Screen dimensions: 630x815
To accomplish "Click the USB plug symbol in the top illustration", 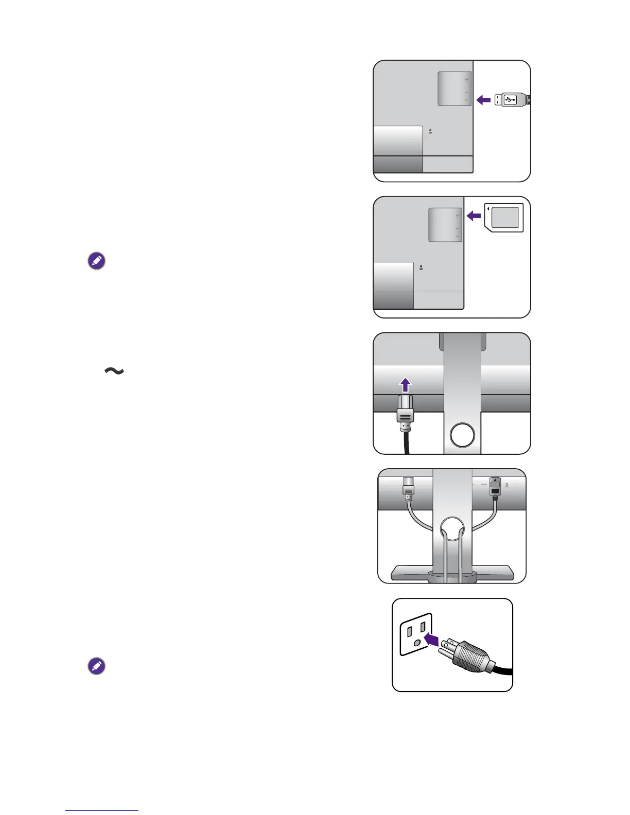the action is [x=510, y=99].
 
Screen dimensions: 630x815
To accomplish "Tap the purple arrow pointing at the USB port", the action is [x=483, y=100].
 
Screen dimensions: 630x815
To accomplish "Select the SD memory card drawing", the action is [x=504, y=218].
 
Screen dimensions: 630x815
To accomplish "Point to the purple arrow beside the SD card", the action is [x=474, y=216].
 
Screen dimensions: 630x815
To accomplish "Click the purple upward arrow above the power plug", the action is [x=406, y=385].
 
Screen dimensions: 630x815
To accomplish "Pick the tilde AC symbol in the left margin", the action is [x=114, y=370].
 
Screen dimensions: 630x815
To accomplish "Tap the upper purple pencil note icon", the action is [x=96, y=261].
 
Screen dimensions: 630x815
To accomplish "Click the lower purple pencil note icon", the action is [x=96, y=666].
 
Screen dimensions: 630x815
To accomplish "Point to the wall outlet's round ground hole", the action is [x=417, y=643].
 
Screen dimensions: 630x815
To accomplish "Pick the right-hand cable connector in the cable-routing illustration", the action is [x=495, y=487].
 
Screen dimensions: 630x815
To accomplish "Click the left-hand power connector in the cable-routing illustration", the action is [x=408, y=487].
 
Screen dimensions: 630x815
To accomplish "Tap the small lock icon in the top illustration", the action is [x=430, y=131].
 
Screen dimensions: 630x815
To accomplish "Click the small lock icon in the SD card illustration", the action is [x=421, y=267].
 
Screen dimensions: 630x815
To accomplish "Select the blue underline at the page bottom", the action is [x=102, y=810].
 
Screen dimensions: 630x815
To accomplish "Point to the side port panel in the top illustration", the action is [x=454, y=89].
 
